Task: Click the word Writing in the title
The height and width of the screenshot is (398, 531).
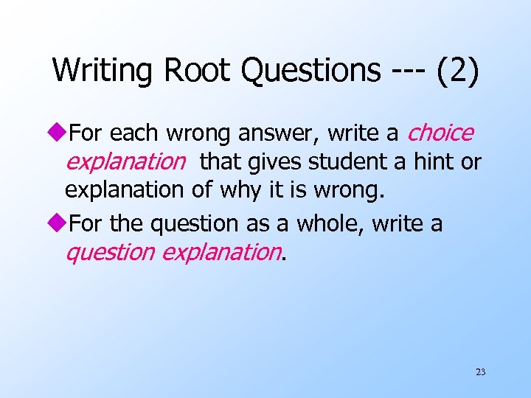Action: [x=103, y=71]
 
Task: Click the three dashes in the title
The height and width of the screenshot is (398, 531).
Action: [x=402, y=71]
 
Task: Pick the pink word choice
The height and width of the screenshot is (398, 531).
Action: [x=440, y=133]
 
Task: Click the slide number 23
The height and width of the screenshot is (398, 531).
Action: [x=480, y=372]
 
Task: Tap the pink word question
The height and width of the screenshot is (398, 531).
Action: [x=110, y=253]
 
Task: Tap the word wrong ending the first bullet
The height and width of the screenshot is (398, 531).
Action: [x=350, y=190]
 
